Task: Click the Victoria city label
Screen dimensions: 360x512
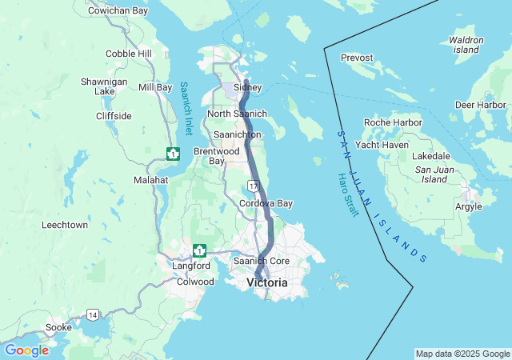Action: pos(267,282)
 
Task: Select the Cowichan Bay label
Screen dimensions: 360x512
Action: pos(118,11)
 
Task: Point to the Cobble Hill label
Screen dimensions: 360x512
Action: pos(129,54)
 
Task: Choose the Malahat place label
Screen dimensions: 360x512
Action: pos(151,181)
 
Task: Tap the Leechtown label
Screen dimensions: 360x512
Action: pos(65,226)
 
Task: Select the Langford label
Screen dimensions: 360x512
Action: pos(191,266)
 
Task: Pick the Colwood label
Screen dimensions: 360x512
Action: pos(195,282)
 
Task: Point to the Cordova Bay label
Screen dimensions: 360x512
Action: pos(266,203)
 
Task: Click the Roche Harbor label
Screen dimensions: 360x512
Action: pos(393,122)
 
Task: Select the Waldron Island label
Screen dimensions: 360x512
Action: pos(466,45)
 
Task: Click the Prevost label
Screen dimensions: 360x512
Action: pos(357,58)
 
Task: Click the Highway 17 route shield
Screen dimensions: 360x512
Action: pos(254,186)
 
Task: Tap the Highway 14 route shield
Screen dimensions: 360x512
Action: pos(94,314)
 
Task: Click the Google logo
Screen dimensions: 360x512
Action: pos(26,350)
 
